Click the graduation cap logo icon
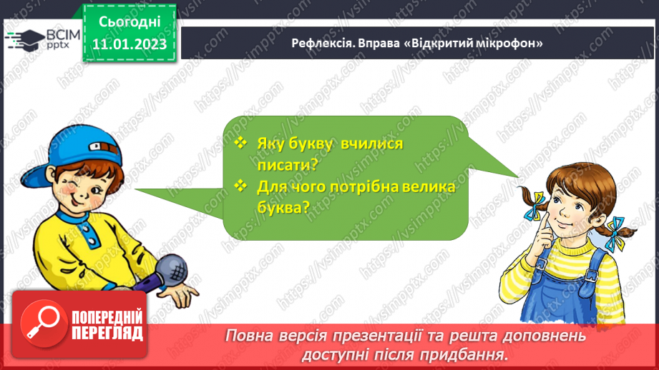pos(25,37)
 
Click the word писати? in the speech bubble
pos(287,164)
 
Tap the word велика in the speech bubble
pos(421,187)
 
